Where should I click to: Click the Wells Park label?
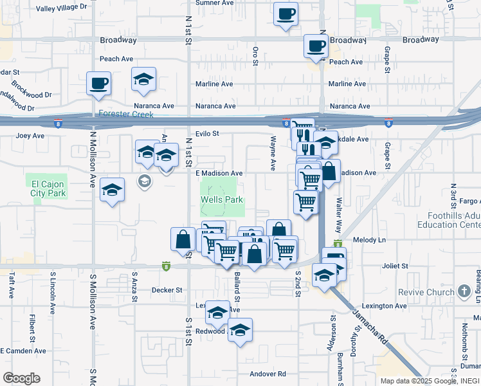(x=222, y=200)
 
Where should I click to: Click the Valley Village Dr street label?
(x=61, y=8)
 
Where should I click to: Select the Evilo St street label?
(x=208, y=134)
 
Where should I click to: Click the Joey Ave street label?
(x=30, y=136)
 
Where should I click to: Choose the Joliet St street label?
(x=395, y=266)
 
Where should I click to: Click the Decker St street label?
(x=167, y=290)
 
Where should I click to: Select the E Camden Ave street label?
(x=23, y=351)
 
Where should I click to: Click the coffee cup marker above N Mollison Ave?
(x=98, y=83)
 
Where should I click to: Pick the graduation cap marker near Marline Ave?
(x=143, y=79)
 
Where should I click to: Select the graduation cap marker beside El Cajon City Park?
(x=113, y=190)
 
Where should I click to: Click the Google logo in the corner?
(x=21, y=378)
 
